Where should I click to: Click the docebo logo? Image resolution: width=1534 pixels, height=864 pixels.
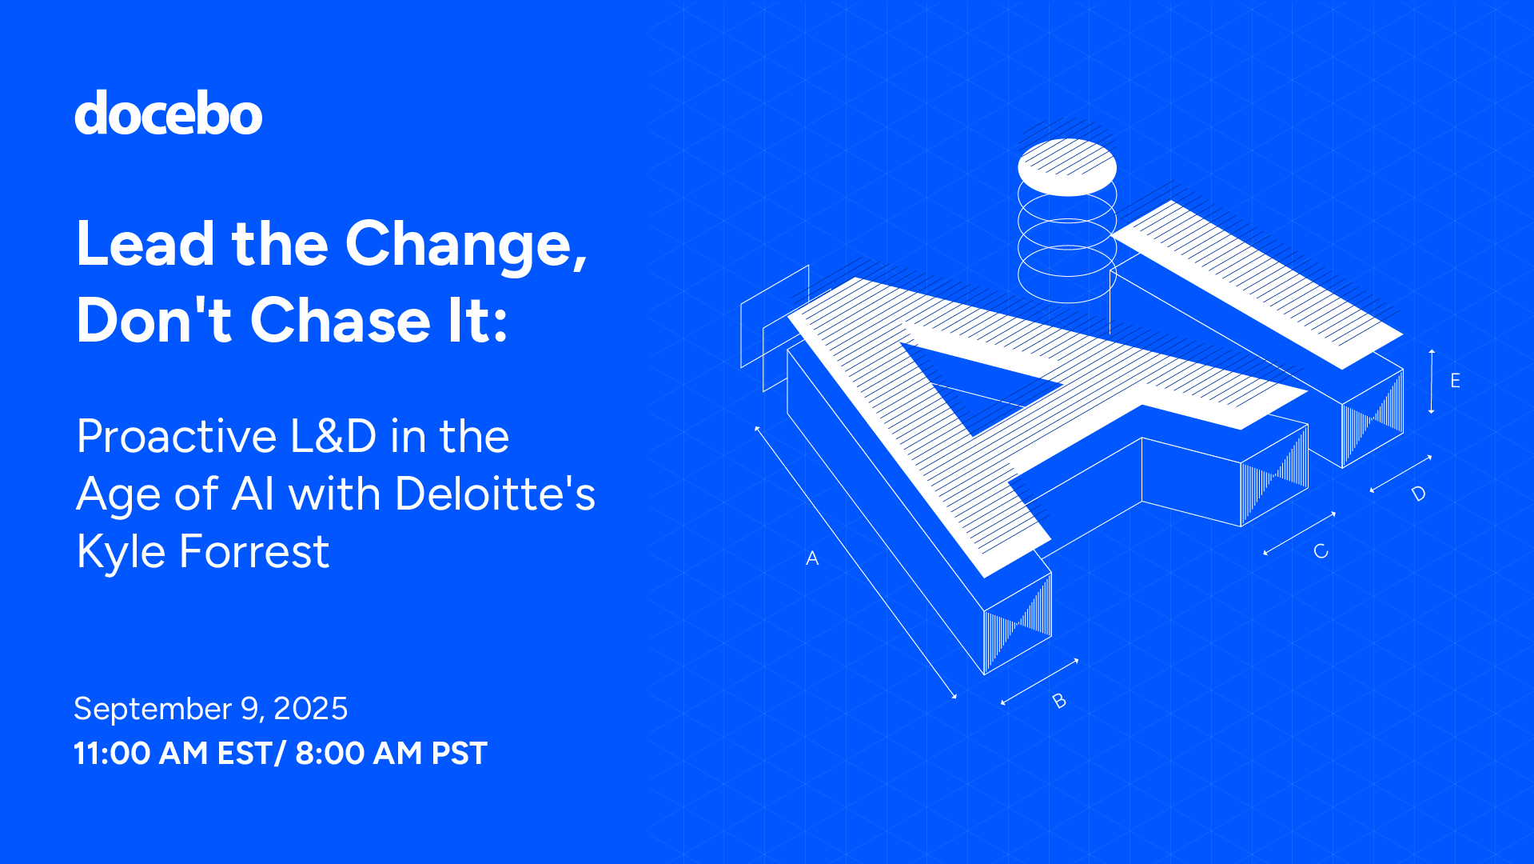(168, 114)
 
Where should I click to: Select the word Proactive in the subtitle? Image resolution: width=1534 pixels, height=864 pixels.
(177, 437)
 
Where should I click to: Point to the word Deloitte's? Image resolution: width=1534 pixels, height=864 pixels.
(495, 494)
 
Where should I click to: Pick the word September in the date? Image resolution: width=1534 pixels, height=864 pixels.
(152, 709)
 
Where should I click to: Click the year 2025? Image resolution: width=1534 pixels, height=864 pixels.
(311, 709)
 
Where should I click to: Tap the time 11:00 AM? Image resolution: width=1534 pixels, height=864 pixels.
(141, 754)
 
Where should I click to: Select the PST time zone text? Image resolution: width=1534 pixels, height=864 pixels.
(459, 754)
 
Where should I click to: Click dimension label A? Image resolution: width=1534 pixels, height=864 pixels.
(812, 558)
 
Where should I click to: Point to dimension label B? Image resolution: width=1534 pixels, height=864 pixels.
(1059, 701)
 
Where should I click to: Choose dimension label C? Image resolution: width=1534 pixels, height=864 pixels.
(1321, 551)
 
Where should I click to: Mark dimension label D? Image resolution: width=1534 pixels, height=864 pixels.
(1419, 494)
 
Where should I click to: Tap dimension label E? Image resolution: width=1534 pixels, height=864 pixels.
(1455, 381)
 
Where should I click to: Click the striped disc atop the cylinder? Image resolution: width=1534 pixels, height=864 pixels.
(1066, 166)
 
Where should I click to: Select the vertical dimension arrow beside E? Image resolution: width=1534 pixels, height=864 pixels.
(1432, 382)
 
